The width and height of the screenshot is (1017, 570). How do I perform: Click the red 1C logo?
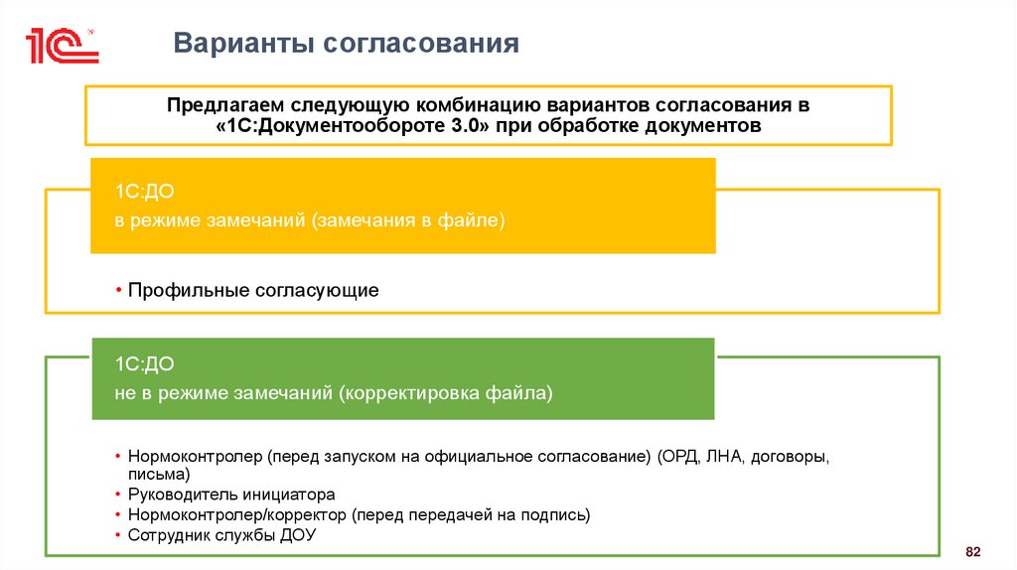pyautogui.click(x=62, y=45)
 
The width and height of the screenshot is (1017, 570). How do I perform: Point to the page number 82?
pyautogui.click(x=972, y=551)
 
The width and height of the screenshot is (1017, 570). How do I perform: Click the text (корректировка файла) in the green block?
pyautogui.click(x=445, y=393)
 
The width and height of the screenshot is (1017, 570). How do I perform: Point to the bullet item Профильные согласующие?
pyautogui.click(x=252, y=291)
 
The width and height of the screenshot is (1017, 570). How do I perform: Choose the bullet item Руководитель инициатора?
pyautogui.click(x=231, y=495)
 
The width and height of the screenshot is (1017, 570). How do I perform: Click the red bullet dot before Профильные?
pyautogui.click(x=117, y=291)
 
